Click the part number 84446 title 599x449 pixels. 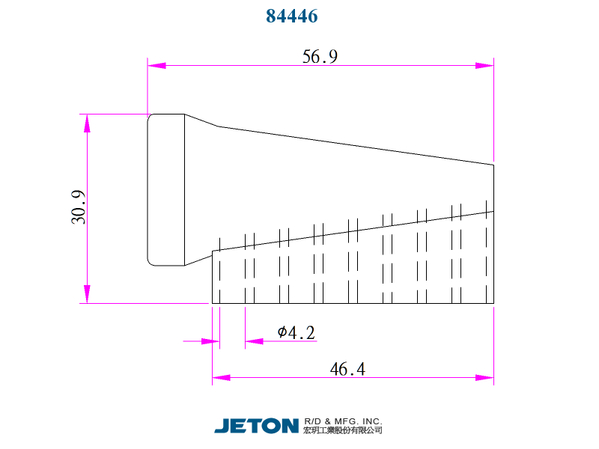tap(292, 16)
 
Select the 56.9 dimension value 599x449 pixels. tap(320, 57)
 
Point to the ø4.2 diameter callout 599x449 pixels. tap(296, 332)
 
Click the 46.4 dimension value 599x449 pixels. tap(347, 369)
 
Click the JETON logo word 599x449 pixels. tap(256, 426)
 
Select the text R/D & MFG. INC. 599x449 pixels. tap(343, 421)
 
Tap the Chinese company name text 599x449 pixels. tap(343, 431)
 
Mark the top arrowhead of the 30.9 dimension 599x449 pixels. tap(88, 123)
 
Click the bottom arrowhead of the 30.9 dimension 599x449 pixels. tap(88, 295)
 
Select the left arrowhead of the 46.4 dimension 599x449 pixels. tap(221, 377)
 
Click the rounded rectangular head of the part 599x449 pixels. tap(166, 189)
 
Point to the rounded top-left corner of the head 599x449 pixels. tap(150, 117)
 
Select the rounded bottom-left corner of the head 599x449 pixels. tap(150, 263)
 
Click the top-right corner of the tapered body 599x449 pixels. tap(493, 165)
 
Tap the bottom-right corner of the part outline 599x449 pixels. tap(493, 303)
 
